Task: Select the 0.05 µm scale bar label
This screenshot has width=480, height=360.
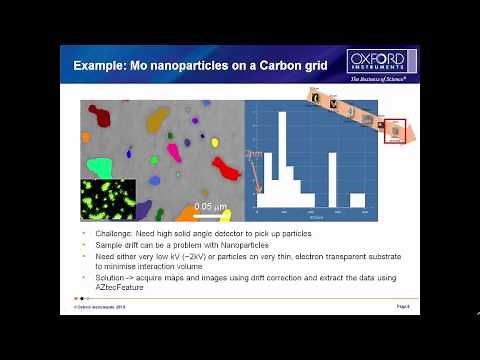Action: pyautogui.click(x=211, y=206)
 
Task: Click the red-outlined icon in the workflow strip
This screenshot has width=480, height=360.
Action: pyautogui.click(x=394, y=131)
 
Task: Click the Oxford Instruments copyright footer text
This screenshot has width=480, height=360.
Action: pyautogui.click(x=103, y=305)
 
